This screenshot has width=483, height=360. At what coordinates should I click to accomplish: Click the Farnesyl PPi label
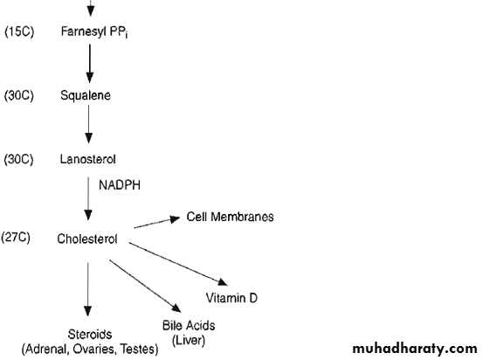[94, 32]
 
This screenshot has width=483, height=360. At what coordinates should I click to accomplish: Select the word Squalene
[86, 95]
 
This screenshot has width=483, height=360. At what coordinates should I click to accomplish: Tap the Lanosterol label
[88, 159]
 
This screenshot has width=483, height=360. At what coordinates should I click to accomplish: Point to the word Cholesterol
[87, 239]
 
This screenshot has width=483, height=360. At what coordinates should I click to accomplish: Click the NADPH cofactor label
[120, 185]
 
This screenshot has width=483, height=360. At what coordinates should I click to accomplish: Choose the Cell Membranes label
[230, 217]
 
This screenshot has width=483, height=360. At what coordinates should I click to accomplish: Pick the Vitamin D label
[231, 298]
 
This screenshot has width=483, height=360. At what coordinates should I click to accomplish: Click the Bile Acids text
[189, 325]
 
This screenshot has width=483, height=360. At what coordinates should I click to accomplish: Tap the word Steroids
[90, 335]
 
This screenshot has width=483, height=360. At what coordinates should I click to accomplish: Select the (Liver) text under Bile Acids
[189, 340]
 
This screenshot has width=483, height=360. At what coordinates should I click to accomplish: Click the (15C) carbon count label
[19, 31]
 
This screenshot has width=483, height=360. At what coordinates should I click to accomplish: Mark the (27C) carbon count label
[16, 238]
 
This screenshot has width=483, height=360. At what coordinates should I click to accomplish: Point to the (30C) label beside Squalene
[19, 95]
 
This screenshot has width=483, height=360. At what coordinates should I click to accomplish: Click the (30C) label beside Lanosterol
[18, 159]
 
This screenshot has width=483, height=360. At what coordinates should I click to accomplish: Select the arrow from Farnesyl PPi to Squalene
[90, 64]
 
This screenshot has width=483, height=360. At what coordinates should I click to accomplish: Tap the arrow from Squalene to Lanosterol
[89, 124]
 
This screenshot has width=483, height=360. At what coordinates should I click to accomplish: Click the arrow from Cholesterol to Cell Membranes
[157, 223]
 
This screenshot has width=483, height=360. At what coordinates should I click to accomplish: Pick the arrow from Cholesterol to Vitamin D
[178, 264]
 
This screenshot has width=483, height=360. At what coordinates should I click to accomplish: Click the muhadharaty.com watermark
[415, 349]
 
